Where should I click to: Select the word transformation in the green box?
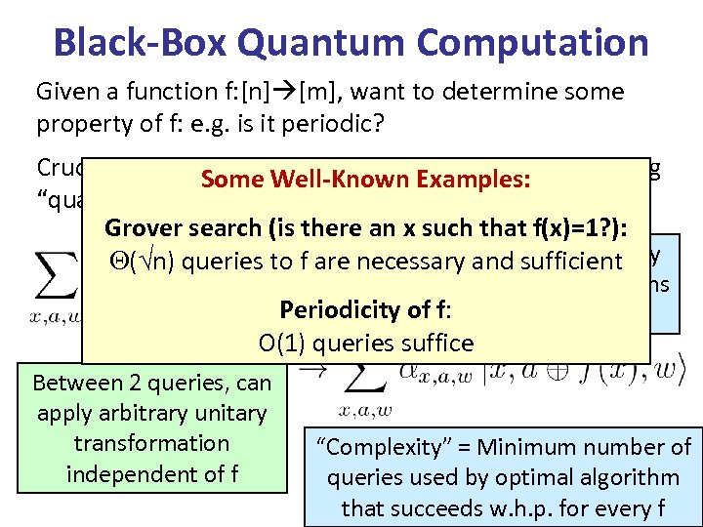pos(151,443)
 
